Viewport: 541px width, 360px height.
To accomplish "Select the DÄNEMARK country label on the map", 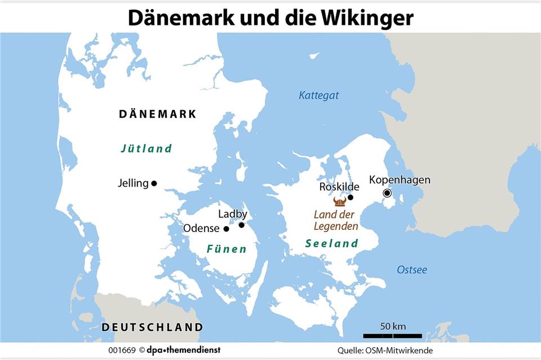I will pyautogui.click(x=158, y=114).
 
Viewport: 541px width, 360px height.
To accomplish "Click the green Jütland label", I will pyautogui.click(x=146, y=149).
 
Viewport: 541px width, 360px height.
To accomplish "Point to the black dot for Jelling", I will pyautogui.click(x=154, y=183).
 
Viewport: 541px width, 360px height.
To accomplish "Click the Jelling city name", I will pyautogui.click(x=133, y=183).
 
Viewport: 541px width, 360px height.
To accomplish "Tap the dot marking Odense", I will pyautogui.click(x=227, y=229).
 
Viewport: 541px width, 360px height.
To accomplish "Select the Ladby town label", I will pyautogui.click(x=233, y=214).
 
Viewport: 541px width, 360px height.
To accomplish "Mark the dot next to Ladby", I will pyautogui.click(x=242, y=225).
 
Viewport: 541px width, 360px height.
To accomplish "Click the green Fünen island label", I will pyautogui.click(x=227, y=248).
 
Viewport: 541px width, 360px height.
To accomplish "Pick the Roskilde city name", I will pyautogui.click(x=339, y=186).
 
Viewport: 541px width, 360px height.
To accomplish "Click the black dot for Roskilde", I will pyautogui.click(x=351, y=197).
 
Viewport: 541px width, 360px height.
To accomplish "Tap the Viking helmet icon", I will pyautogui.click(x=339, y=201).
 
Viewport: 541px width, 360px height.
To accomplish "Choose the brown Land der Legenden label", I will pyautogui.click(x=336, y=220).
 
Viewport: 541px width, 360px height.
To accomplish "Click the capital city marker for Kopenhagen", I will pyautogui.click(x=387, y=193).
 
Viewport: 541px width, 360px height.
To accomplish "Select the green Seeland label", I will pyautogui.click(x=332, y=243).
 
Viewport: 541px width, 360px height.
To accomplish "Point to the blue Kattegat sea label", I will pyautogui.click(x=319, y=95).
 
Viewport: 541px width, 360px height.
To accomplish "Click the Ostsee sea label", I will pyautogui.click(x=411, y=269).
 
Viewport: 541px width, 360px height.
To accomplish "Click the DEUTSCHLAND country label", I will pyautogui.click(x=152, y=327).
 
